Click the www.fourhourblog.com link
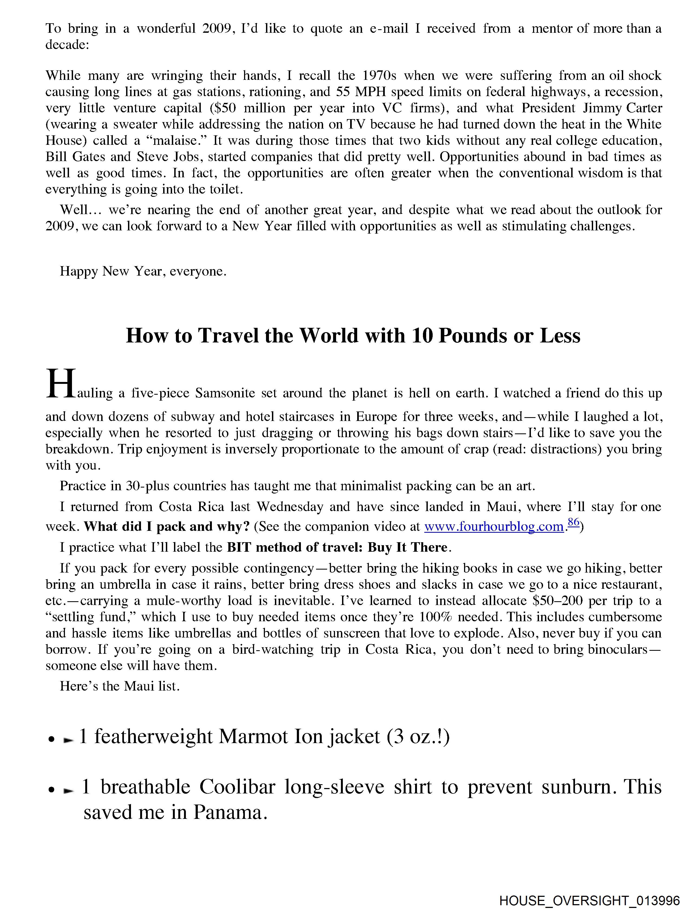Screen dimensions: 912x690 click(x=493, y=527)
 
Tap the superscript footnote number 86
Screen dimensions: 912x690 click(x=573, y=522)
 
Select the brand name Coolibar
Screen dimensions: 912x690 click(x=237, y=787)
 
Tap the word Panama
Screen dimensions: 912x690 click(x=228, y=812)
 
